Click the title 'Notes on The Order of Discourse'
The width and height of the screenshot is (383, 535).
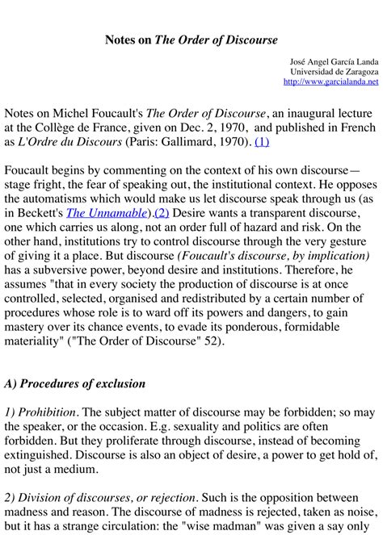(x=191, y=40)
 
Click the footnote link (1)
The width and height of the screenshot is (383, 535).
(x=262, y=142)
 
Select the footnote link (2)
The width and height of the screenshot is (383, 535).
(x=162, y=213)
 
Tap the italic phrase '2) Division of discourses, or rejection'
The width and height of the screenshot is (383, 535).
(x=120, y=497)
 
